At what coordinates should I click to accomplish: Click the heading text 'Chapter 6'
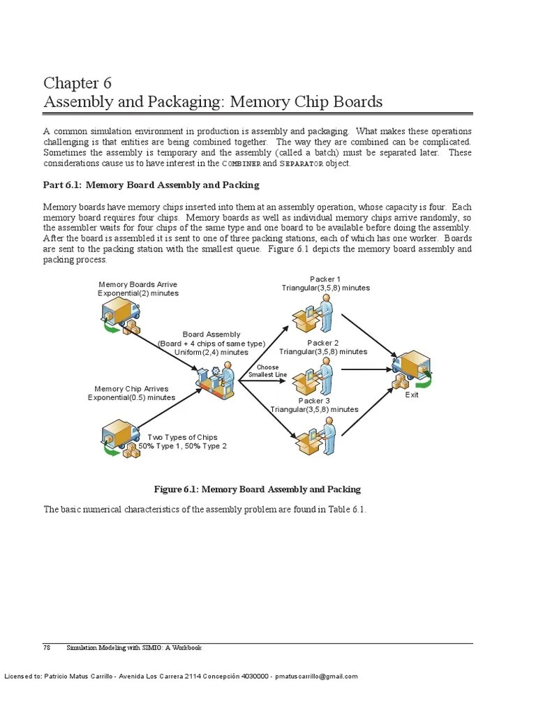pos(77,84)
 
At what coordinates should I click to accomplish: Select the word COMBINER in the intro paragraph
pos(241,163)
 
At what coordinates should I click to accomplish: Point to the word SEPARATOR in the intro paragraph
pos(301,163)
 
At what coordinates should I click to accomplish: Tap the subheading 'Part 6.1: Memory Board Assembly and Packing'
pos(151,185)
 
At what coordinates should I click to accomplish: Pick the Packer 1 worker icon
pos(313,314)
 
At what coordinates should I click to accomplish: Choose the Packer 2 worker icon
pos(313,377)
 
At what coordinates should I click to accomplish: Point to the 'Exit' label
pos(412,395)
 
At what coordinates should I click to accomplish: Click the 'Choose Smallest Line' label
pos(267,371)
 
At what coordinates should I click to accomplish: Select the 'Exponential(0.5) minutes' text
pos(131,397)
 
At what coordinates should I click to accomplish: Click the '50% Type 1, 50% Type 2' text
pos(182,446)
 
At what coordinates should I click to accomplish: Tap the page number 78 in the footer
pos(47,648)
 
